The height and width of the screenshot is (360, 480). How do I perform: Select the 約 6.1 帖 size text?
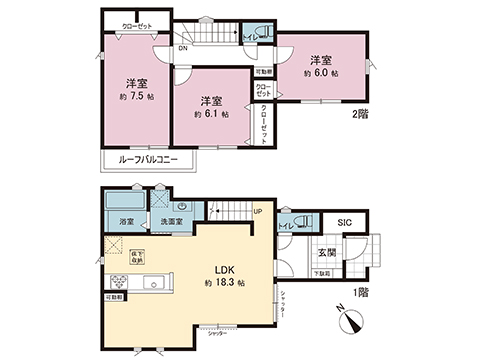pos(211,114)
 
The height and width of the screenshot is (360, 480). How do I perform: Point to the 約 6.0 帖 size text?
pos(320,73)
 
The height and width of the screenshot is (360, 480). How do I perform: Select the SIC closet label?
pos(344,222)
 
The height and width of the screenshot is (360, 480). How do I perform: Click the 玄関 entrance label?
pos(327,250)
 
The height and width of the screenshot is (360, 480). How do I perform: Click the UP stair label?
pos(257,211)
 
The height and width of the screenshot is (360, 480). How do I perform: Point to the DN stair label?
pos(182,48)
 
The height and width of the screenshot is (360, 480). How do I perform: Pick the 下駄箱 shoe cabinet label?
pos(324,272)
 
